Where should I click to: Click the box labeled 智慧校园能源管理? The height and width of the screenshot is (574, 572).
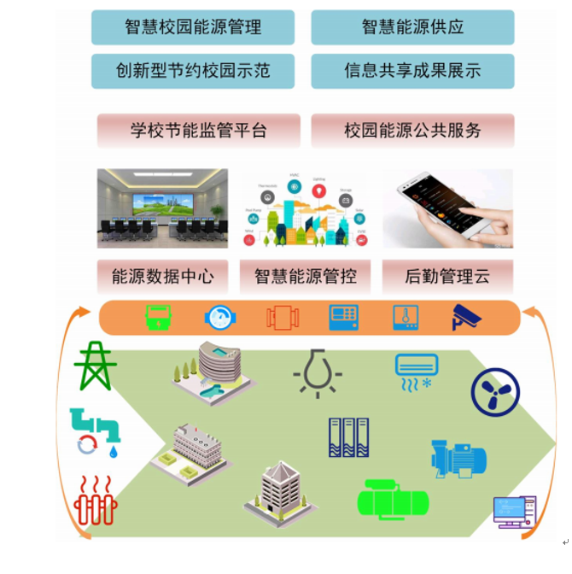[192, 27]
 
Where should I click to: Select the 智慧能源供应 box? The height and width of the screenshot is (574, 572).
[412, 27]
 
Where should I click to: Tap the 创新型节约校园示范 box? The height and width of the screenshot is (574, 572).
[192, 71]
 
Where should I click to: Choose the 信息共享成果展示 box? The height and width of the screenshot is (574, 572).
[412, 71]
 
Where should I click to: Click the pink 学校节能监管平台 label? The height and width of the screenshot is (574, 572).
[198, 131]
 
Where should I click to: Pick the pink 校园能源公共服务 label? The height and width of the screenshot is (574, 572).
[412, 131]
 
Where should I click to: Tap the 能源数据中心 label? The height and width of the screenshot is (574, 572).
[162, 277]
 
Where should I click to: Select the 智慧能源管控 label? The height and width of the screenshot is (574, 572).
[306, 277]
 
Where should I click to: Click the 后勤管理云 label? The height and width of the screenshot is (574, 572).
[447, 277]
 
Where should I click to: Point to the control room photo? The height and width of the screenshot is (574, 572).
[162, 208]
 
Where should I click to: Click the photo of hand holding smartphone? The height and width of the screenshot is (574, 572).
[447, 208]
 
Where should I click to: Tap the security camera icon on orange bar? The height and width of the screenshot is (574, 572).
[466, 318]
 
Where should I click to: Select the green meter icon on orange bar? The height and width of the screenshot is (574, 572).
[158, 318]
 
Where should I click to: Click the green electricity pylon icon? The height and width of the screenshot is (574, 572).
[95, 366]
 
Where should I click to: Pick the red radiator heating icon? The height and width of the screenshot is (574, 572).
[95, 501]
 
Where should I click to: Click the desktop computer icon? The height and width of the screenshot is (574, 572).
[514, 511]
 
